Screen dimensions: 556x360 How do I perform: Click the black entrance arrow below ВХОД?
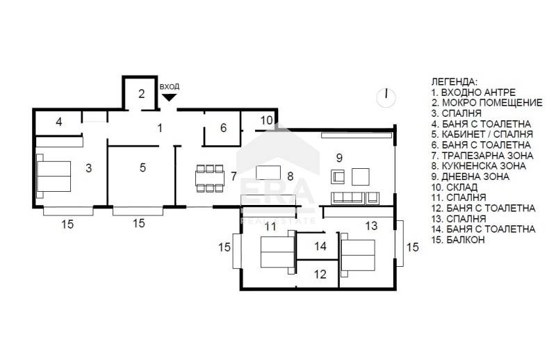169,97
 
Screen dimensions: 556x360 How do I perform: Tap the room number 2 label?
142,94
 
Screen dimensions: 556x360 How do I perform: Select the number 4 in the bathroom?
59,122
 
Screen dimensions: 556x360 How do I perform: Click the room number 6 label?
223,128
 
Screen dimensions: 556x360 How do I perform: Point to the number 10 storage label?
267,120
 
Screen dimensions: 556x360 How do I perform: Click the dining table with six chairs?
210,178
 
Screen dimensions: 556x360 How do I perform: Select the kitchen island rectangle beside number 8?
268,173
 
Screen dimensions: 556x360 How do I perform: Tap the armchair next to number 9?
338,177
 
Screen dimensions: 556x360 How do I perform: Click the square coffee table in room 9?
360,177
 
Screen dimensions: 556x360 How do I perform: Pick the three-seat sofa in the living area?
348,198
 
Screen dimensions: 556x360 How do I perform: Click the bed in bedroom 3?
54,176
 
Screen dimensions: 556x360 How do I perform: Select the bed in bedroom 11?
277,252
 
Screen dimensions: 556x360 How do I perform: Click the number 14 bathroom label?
320,246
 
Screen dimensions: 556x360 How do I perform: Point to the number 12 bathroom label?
320,274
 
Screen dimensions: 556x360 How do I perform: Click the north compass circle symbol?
386,97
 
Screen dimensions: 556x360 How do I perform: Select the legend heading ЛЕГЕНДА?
455,81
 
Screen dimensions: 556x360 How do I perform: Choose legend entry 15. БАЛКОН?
458,240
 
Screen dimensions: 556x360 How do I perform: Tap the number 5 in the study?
142,167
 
